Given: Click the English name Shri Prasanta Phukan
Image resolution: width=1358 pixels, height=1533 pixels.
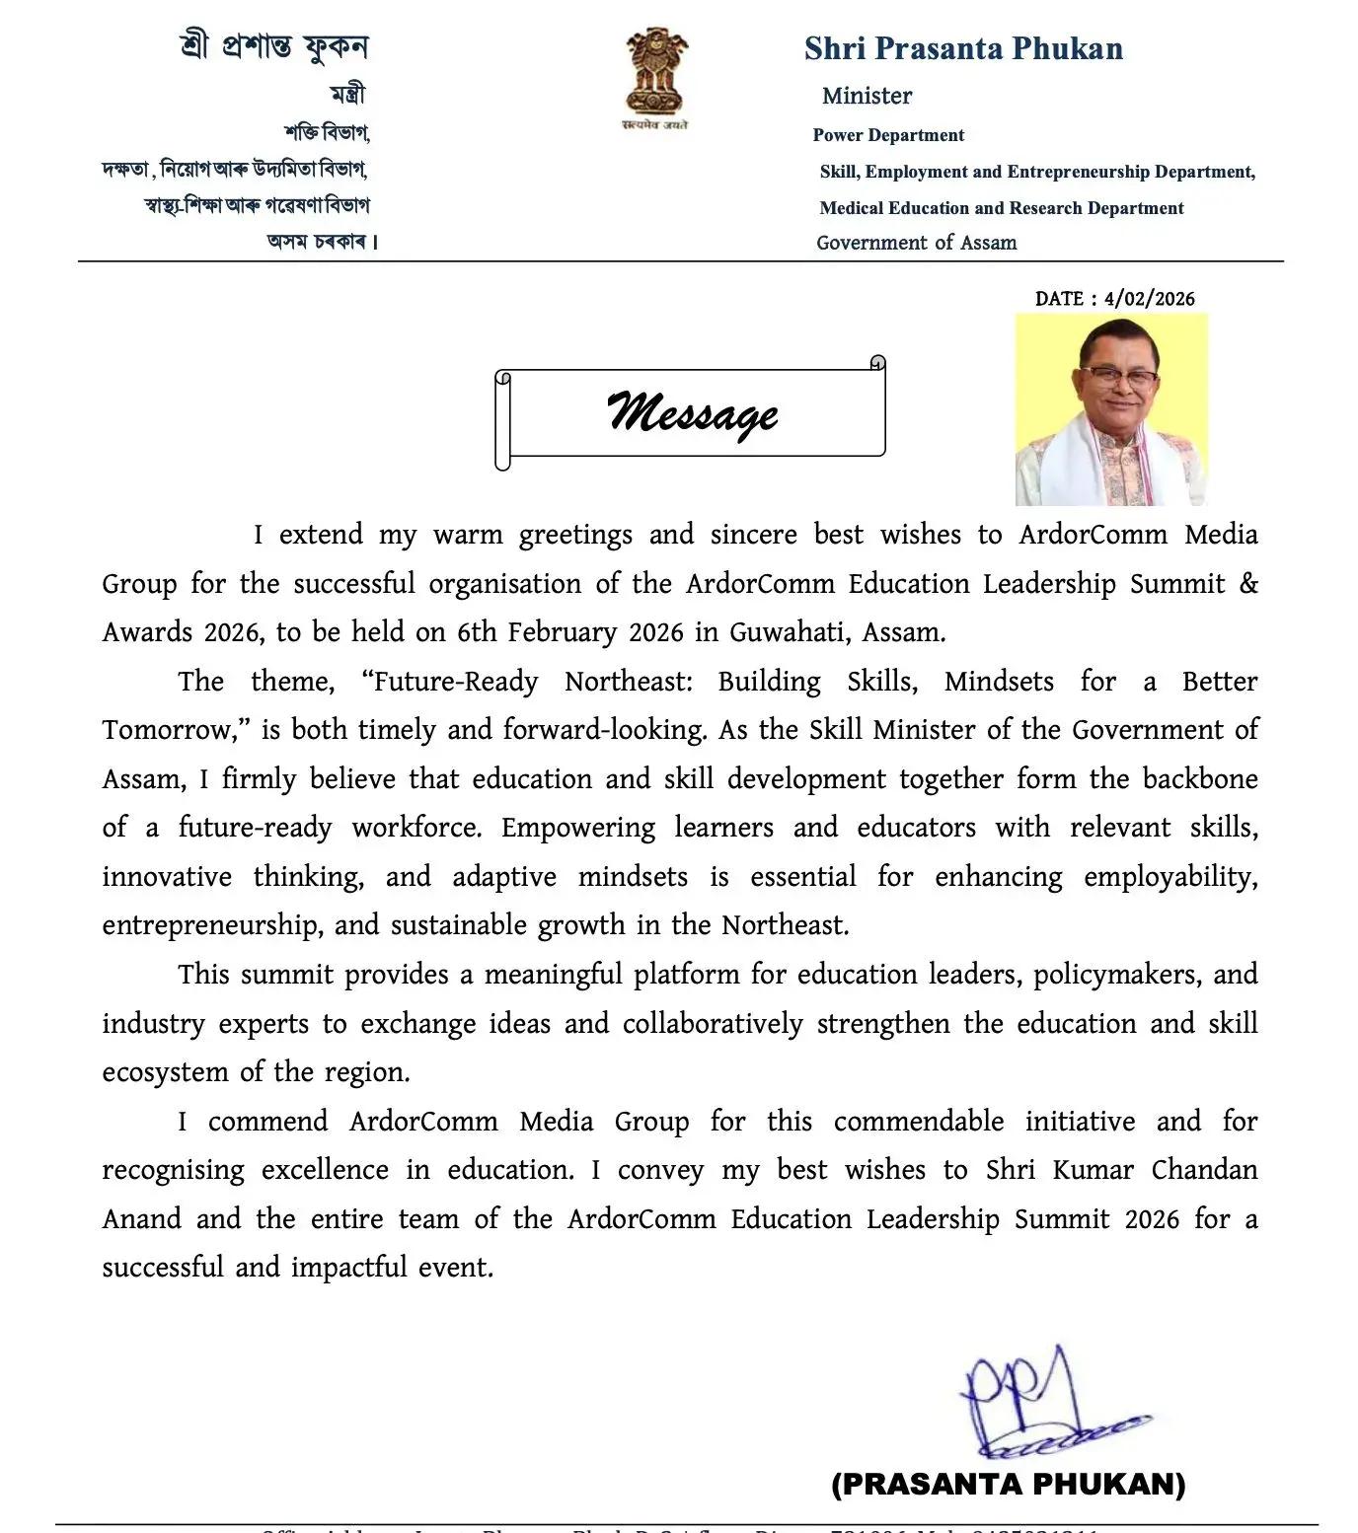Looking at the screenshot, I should (963, 49).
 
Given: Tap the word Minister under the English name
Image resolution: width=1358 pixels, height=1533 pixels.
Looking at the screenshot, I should (867, 97).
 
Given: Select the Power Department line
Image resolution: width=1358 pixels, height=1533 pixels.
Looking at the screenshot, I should (888, 135).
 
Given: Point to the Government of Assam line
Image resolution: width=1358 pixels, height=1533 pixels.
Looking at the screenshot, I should (916, 243).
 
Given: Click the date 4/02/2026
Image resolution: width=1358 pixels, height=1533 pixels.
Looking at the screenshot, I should (1149, 299).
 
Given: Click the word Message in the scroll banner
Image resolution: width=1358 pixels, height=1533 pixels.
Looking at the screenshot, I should (692, 413).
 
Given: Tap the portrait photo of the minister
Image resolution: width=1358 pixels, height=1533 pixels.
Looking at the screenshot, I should (1111, 409).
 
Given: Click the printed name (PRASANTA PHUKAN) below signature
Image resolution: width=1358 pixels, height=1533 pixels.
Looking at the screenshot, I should (1008, 1484).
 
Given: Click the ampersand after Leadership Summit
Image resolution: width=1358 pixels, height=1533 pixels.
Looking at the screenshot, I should (1248, 583).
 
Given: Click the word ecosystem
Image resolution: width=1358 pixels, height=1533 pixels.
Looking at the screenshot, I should (165, 1073).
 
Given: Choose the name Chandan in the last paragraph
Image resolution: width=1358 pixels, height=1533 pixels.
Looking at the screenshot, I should (1204, 1170).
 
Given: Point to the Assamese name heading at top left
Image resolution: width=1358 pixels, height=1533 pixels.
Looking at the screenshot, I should (273, 46).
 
